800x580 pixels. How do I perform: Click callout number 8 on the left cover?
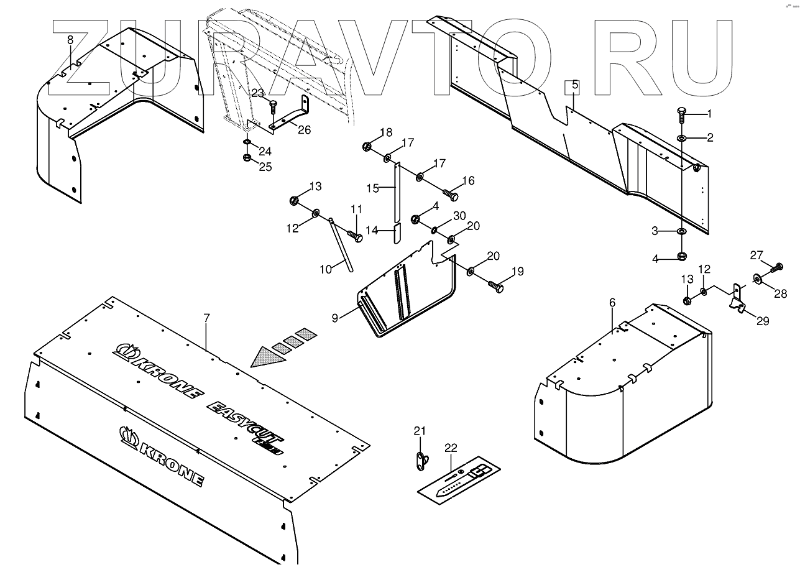(70, 40)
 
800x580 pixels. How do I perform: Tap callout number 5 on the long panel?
(574, 84)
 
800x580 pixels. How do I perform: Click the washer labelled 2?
(682, 137)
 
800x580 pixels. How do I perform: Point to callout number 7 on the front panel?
(206, 318)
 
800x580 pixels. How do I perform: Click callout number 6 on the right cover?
(612, 302)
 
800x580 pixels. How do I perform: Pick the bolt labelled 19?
(497, 287)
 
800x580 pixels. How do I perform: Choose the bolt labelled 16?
(451, 195)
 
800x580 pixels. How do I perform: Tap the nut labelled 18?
(366, 147)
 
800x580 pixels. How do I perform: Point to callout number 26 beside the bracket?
(304, 129)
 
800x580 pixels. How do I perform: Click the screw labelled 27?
(776, 268)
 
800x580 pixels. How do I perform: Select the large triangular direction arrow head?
(267, 357)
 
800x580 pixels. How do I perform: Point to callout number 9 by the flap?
(335, 318)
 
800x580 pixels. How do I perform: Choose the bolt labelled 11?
(355, 237)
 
